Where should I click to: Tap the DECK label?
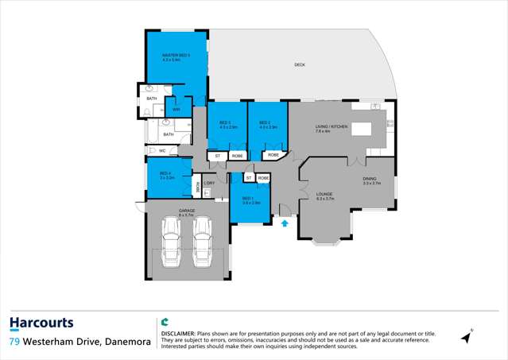pos(299,64)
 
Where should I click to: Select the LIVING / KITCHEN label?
pos(332,127)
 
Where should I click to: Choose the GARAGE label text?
pos(186,211)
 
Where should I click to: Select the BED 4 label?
pos(165,174)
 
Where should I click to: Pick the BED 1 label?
pos(247,199)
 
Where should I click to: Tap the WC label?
pos(162,150)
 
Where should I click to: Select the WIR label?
pos(176,109)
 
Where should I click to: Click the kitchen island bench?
pos(361,128)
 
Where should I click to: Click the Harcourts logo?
pos(41,323)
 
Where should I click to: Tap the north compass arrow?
pos(467,337)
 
